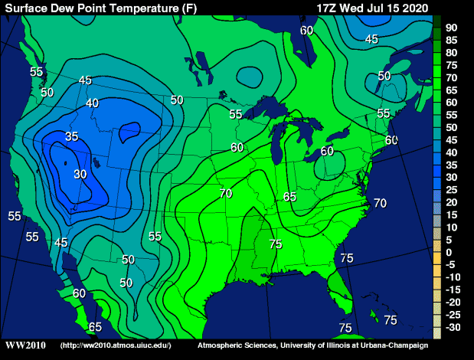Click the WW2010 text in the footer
(25, 345)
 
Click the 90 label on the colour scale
(452, 28)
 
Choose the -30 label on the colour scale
(453, 327)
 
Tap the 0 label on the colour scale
(449, 252)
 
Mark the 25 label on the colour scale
(452, 189)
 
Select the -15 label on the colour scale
(453, 290)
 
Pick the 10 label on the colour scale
(452, 227)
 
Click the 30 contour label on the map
(80, 174)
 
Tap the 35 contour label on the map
(72, 136)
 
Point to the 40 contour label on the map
(93, 103)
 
